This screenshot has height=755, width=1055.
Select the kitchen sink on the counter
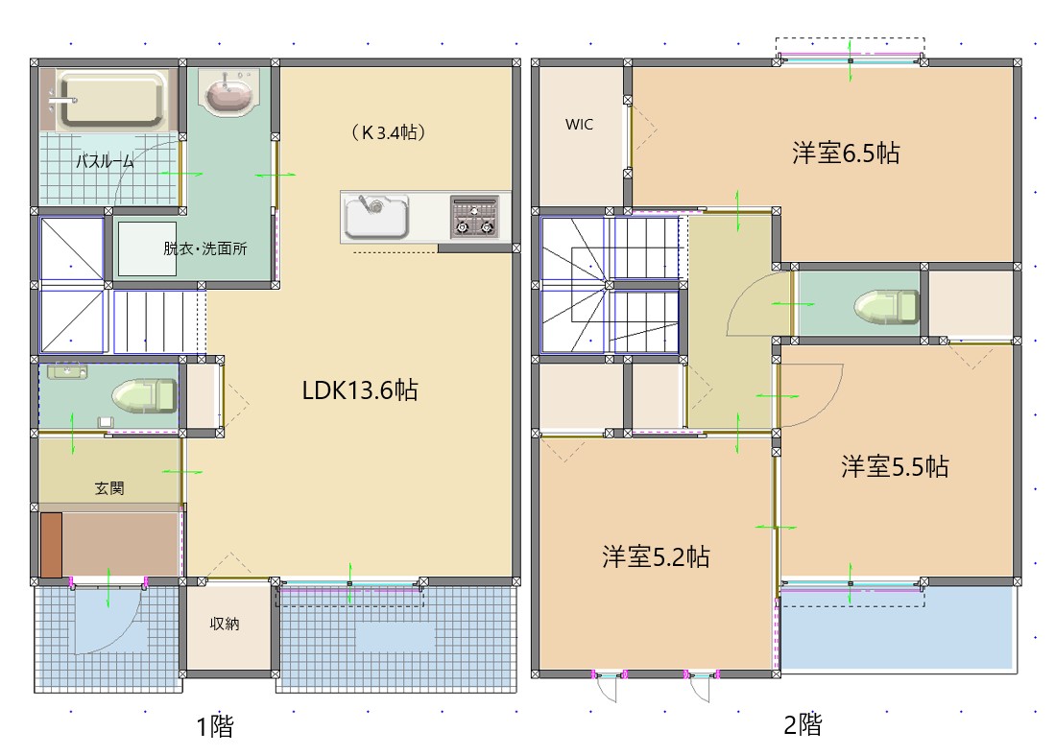point(377,217)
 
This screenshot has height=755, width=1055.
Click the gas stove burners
point(475,217)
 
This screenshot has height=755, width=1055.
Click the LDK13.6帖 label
point(360,389)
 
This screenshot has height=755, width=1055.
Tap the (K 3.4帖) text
point(388,132)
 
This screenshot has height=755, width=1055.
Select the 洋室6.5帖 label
point(846,153)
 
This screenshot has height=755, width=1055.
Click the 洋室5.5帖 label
point(895,466)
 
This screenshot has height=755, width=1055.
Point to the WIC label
point(579,124)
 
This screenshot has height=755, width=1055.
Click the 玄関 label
point(108,488)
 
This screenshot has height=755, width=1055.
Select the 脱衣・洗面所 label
point(204,248)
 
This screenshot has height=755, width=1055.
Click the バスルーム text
point(105,162)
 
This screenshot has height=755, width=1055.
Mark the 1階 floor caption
point(215,726)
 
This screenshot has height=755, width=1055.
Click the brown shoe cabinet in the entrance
point(51,544)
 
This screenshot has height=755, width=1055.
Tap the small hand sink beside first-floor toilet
point(66,371)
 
